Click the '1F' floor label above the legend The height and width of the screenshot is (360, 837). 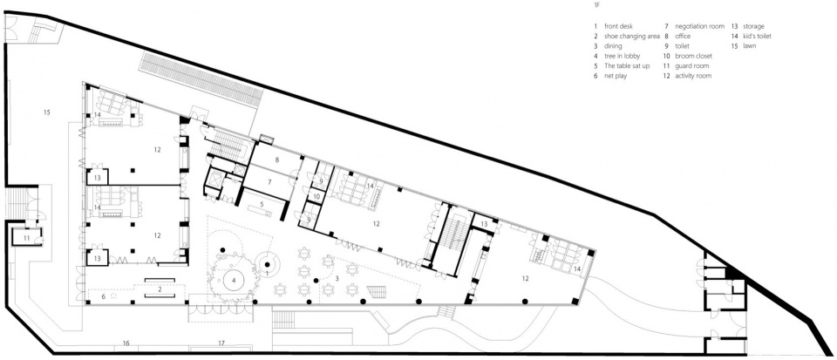click(x=595, y=5)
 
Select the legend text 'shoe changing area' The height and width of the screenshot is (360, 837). click(x=632, y=37)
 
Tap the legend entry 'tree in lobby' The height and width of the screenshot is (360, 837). click(x=622, y=56)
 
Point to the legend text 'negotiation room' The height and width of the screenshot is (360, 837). click(x=700, y=26)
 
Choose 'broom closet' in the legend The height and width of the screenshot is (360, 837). click(x=693, y=56)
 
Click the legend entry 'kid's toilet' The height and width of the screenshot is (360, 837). click(x=753, y=37)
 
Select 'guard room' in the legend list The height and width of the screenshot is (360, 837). click(x=691, y=66)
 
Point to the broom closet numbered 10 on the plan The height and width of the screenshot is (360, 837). click(x=316, y=196)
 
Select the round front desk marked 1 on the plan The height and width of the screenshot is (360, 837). click(x=267, y=263)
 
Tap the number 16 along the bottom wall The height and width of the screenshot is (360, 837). click(x=126, y=343)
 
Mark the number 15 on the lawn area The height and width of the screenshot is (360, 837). click(x=47, y=112)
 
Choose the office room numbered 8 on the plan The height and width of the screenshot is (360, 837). click(x=277, y=159)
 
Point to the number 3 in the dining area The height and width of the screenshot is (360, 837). click(x=337, y=278)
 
